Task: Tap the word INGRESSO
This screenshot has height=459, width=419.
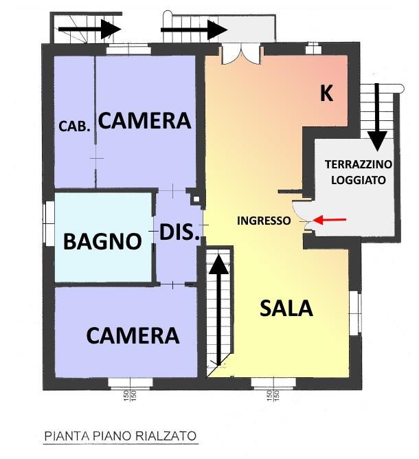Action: click(264, 221)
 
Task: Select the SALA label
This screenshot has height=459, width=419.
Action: click(286, 308)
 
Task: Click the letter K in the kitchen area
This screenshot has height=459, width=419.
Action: click(326, 94)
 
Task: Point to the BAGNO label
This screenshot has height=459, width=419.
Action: click(102, 241)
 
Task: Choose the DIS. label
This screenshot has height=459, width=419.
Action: click(179, 233)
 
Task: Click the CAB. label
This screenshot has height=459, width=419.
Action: click(74, 126)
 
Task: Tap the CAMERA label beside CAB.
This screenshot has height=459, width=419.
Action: click(144, 121)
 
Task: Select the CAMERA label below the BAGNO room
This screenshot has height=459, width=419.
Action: click(133, 335)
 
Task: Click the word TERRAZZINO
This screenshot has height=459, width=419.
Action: click(358, 165)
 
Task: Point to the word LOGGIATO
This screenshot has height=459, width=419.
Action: click(358, 179)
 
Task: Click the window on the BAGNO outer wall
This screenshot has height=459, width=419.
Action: click(47, 224)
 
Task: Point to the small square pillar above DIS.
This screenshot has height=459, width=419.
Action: click(196, 201)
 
